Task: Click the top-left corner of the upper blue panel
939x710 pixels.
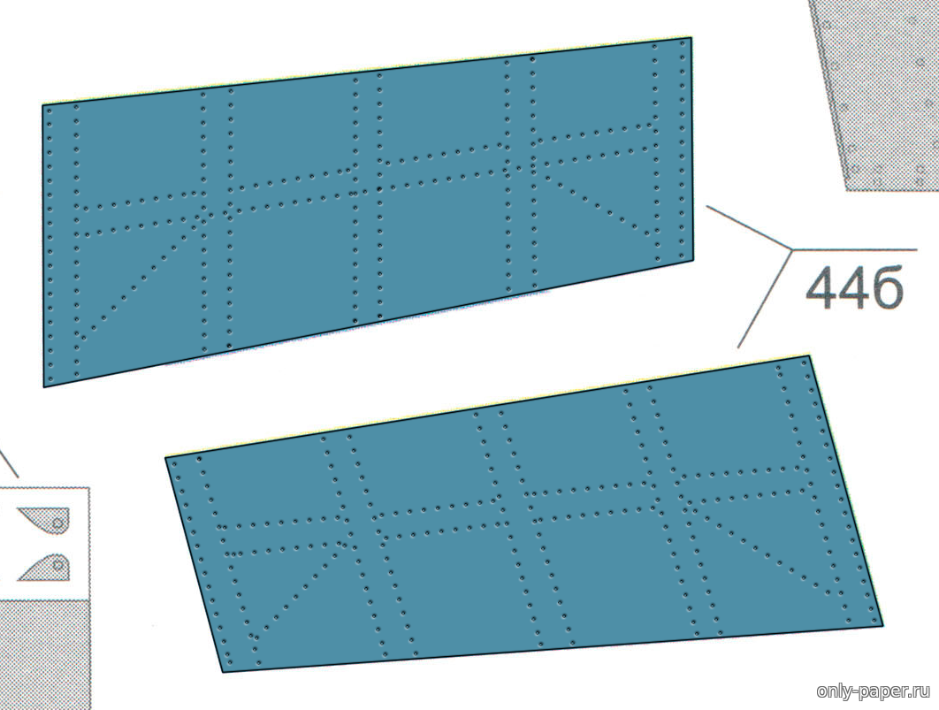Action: (42, 105)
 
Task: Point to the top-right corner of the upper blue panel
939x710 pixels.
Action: (691, 38)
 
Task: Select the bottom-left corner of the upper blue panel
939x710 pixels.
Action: (43, 386)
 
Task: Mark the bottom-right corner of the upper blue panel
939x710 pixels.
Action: (693, 260)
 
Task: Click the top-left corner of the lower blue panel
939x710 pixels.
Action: (166, 458)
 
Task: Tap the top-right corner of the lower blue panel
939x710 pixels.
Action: (810, 356)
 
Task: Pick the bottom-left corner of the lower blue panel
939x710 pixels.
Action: (224, 672)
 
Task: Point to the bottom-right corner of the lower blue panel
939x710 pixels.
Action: (882, 626)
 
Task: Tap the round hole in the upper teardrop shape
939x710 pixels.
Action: (58, 523)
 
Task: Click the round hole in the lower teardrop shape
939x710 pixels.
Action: (58, 564)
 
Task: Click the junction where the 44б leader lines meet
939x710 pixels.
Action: (792, 248)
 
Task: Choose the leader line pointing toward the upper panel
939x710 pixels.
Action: (749, 227)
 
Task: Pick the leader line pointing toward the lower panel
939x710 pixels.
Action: (765, 298)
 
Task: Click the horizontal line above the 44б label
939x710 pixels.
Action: (855, 249)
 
